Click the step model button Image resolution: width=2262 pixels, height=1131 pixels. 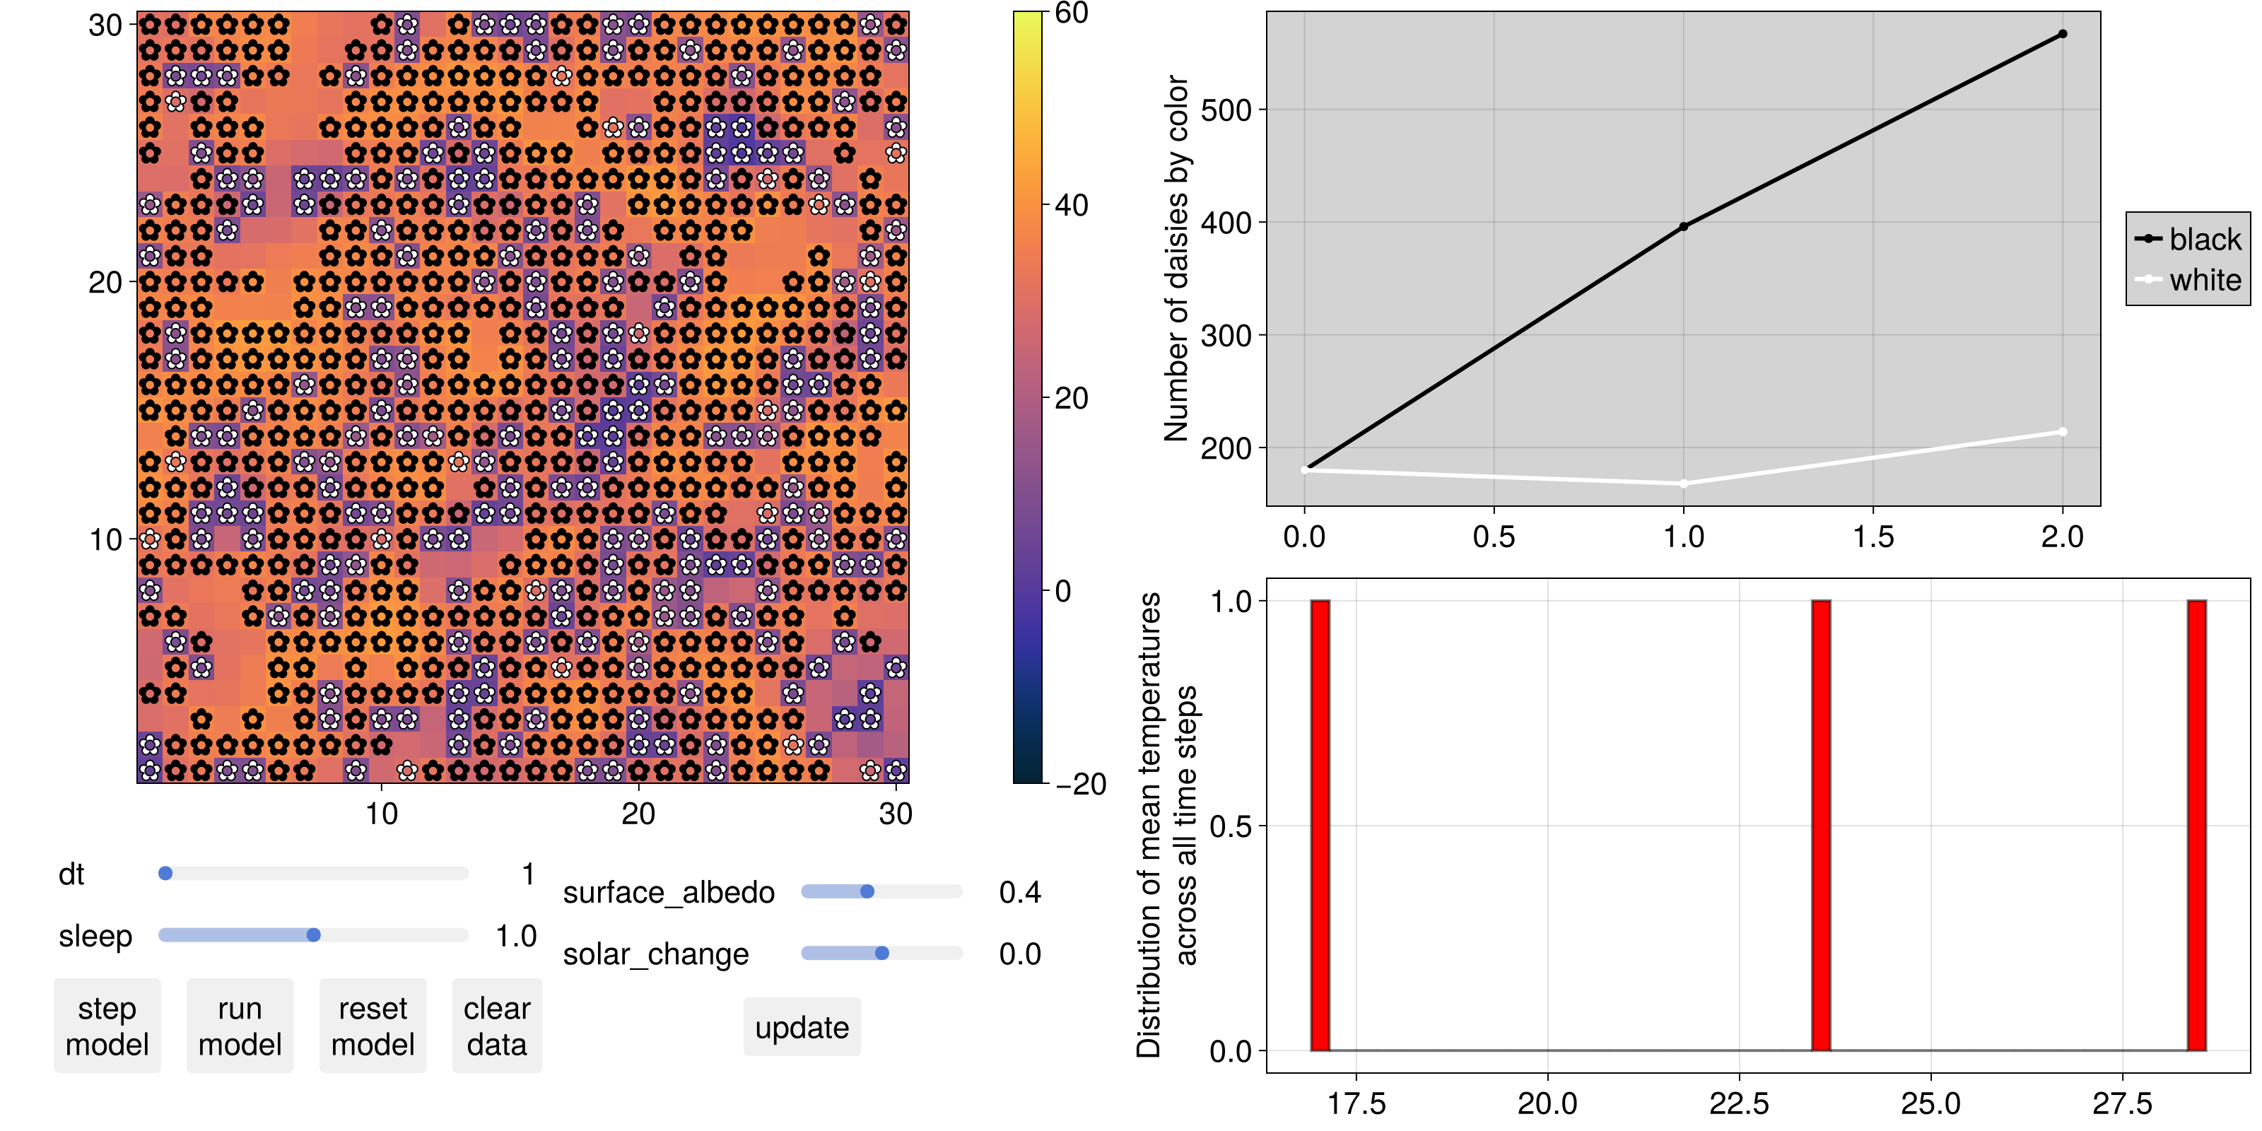tap(107, 1026)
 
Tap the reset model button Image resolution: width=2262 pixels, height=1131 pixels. tap(373, 1026)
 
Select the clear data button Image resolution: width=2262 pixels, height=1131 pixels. tap(497, 1026)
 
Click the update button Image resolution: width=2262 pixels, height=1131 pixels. tap(802, 1027)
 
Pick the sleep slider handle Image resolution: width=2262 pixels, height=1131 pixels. tap(313, 935)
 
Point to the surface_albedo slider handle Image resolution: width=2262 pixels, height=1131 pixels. tap(867, 892)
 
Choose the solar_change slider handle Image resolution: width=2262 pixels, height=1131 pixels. tap(882, 954)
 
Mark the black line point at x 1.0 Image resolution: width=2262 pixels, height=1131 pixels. tap(1683, 226)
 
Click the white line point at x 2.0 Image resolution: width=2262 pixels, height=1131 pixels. tap(2063, 432)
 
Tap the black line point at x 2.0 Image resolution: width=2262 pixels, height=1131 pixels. tap(2063, 34)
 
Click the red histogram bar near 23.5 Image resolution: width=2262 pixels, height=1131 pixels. tap(1821, 826)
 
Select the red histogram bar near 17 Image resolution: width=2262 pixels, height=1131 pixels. tap(1320, 826)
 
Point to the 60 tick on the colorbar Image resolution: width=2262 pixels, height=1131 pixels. tap(1072, 13)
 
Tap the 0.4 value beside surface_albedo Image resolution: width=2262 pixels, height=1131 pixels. tap(1019, 893)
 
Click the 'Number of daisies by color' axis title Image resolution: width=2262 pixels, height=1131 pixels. tap(1175, 258)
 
